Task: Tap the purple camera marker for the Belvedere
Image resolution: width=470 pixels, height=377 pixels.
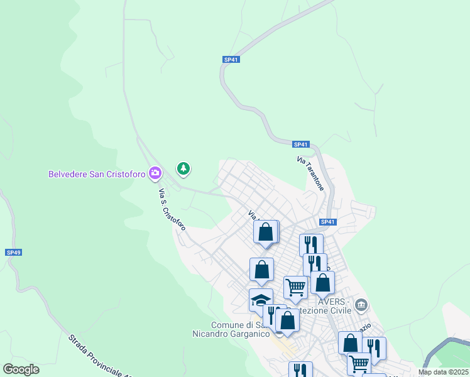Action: click(x=155, y=173)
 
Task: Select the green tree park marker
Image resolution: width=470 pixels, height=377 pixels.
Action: click(x=183, y=168)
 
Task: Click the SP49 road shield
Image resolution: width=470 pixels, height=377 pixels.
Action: click(x=14, y=252)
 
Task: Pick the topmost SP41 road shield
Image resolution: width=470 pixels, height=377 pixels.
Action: click(x=231, y=60)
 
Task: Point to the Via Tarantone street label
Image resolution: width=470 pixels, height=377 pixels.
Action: click(x=310, y=174)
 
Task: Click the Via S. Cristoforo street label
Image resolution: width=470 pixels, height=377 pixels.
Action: click(x=172, y=209)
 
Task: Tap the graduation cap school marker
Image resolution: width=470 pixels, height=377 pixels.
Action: click(x=261, y=300)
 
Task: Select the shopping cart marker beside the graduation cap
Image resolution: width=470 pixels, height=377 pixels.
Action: click(x=295, y=288)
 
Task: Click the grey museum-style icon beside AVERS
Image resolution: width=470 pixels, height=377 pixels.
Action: click(x=361, y=306)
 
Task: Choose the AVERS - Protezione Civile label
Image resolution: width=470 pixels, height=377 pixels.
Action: click(x=339, y=306)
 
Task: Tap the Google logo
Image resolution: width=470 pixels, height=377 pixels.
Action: click(x=21, y=369)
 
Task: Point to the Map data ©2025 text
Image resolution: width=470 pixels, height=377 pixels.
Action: click(x=444, y=372)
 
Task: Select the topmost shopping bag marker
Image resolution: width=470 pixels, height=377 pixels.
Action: click(x=266, y=231)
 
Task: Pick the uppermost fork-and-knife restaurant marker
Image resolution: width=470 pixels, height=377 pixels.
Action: click(x=311, y=244)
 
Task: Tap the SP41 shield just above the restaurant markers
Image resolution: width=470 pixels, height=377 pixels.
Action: click(x=327, y=222)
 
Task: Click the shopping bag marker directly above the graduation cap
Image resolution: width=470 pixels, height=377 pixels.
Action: click(x=261, y=270)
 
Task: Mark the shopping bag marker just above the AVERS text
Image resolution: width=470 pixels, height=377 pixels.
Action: click(x=322, y=283)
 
